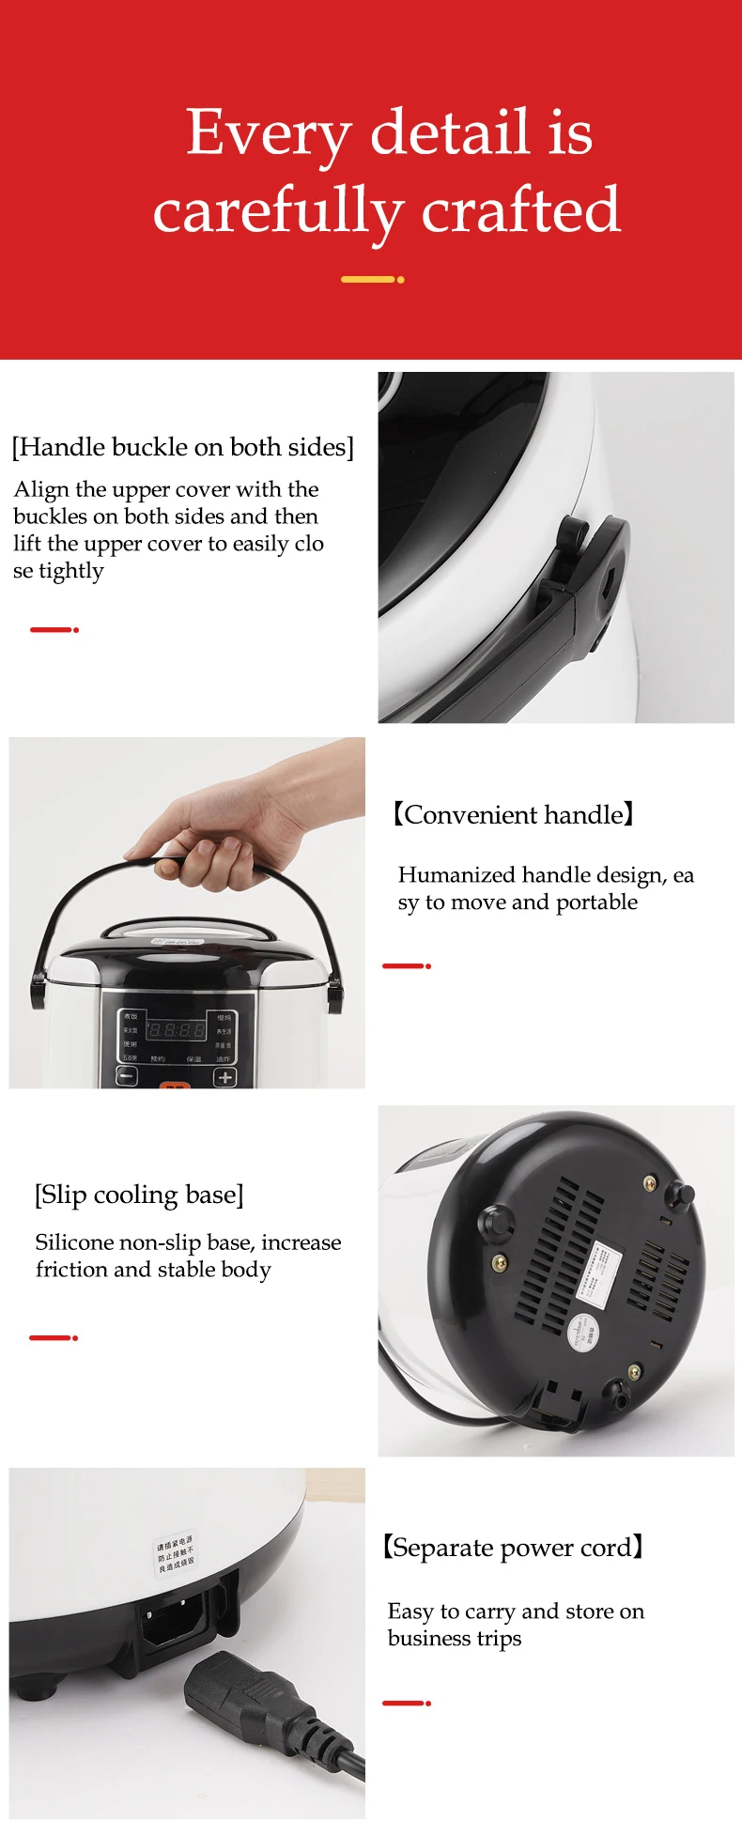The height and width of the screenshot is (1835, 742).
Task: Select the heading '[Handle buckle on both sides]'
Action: [x=182, y=447]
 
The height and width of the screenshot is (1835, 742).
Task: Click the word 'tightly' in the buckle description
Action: [x=70, y=571]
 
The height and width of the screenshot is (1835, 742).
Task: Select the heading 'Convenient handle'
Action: [x=513, y=814]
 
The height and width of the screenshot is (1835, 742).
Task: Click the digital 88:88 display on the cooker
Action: [x=176, y=1029]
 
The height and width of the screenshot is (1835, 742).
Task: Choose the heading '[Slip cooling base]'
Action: [x=139, y=1195]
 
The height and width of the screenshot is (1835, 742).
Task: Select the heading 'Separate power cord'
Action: [x=513, y=1547]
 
